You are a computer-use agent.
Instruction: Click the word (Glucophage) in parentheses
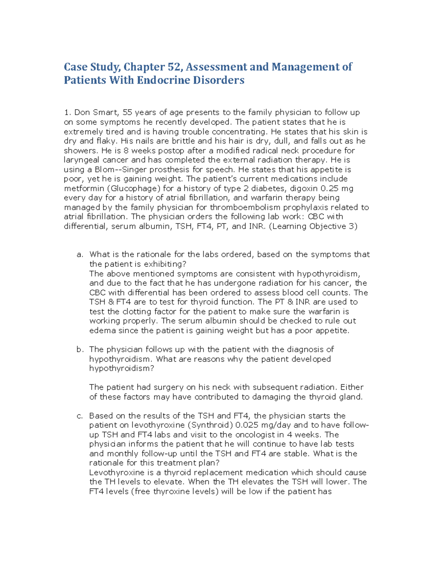tap(135, 189)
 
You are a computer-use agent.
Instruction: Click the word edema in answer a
tap(103, 330)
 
